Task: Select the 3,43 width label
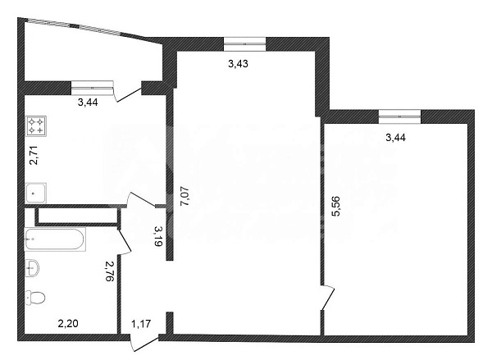238,63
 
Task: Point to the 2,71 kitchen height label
33,155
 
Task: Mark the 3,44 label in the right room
396,137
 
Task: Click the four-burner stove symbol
36,126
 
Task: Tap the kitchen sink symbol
36,194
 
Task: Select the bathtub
53,240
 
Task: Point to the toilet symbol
35,296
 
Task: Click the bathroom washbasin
33,267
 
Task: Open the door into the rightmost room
328,297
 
